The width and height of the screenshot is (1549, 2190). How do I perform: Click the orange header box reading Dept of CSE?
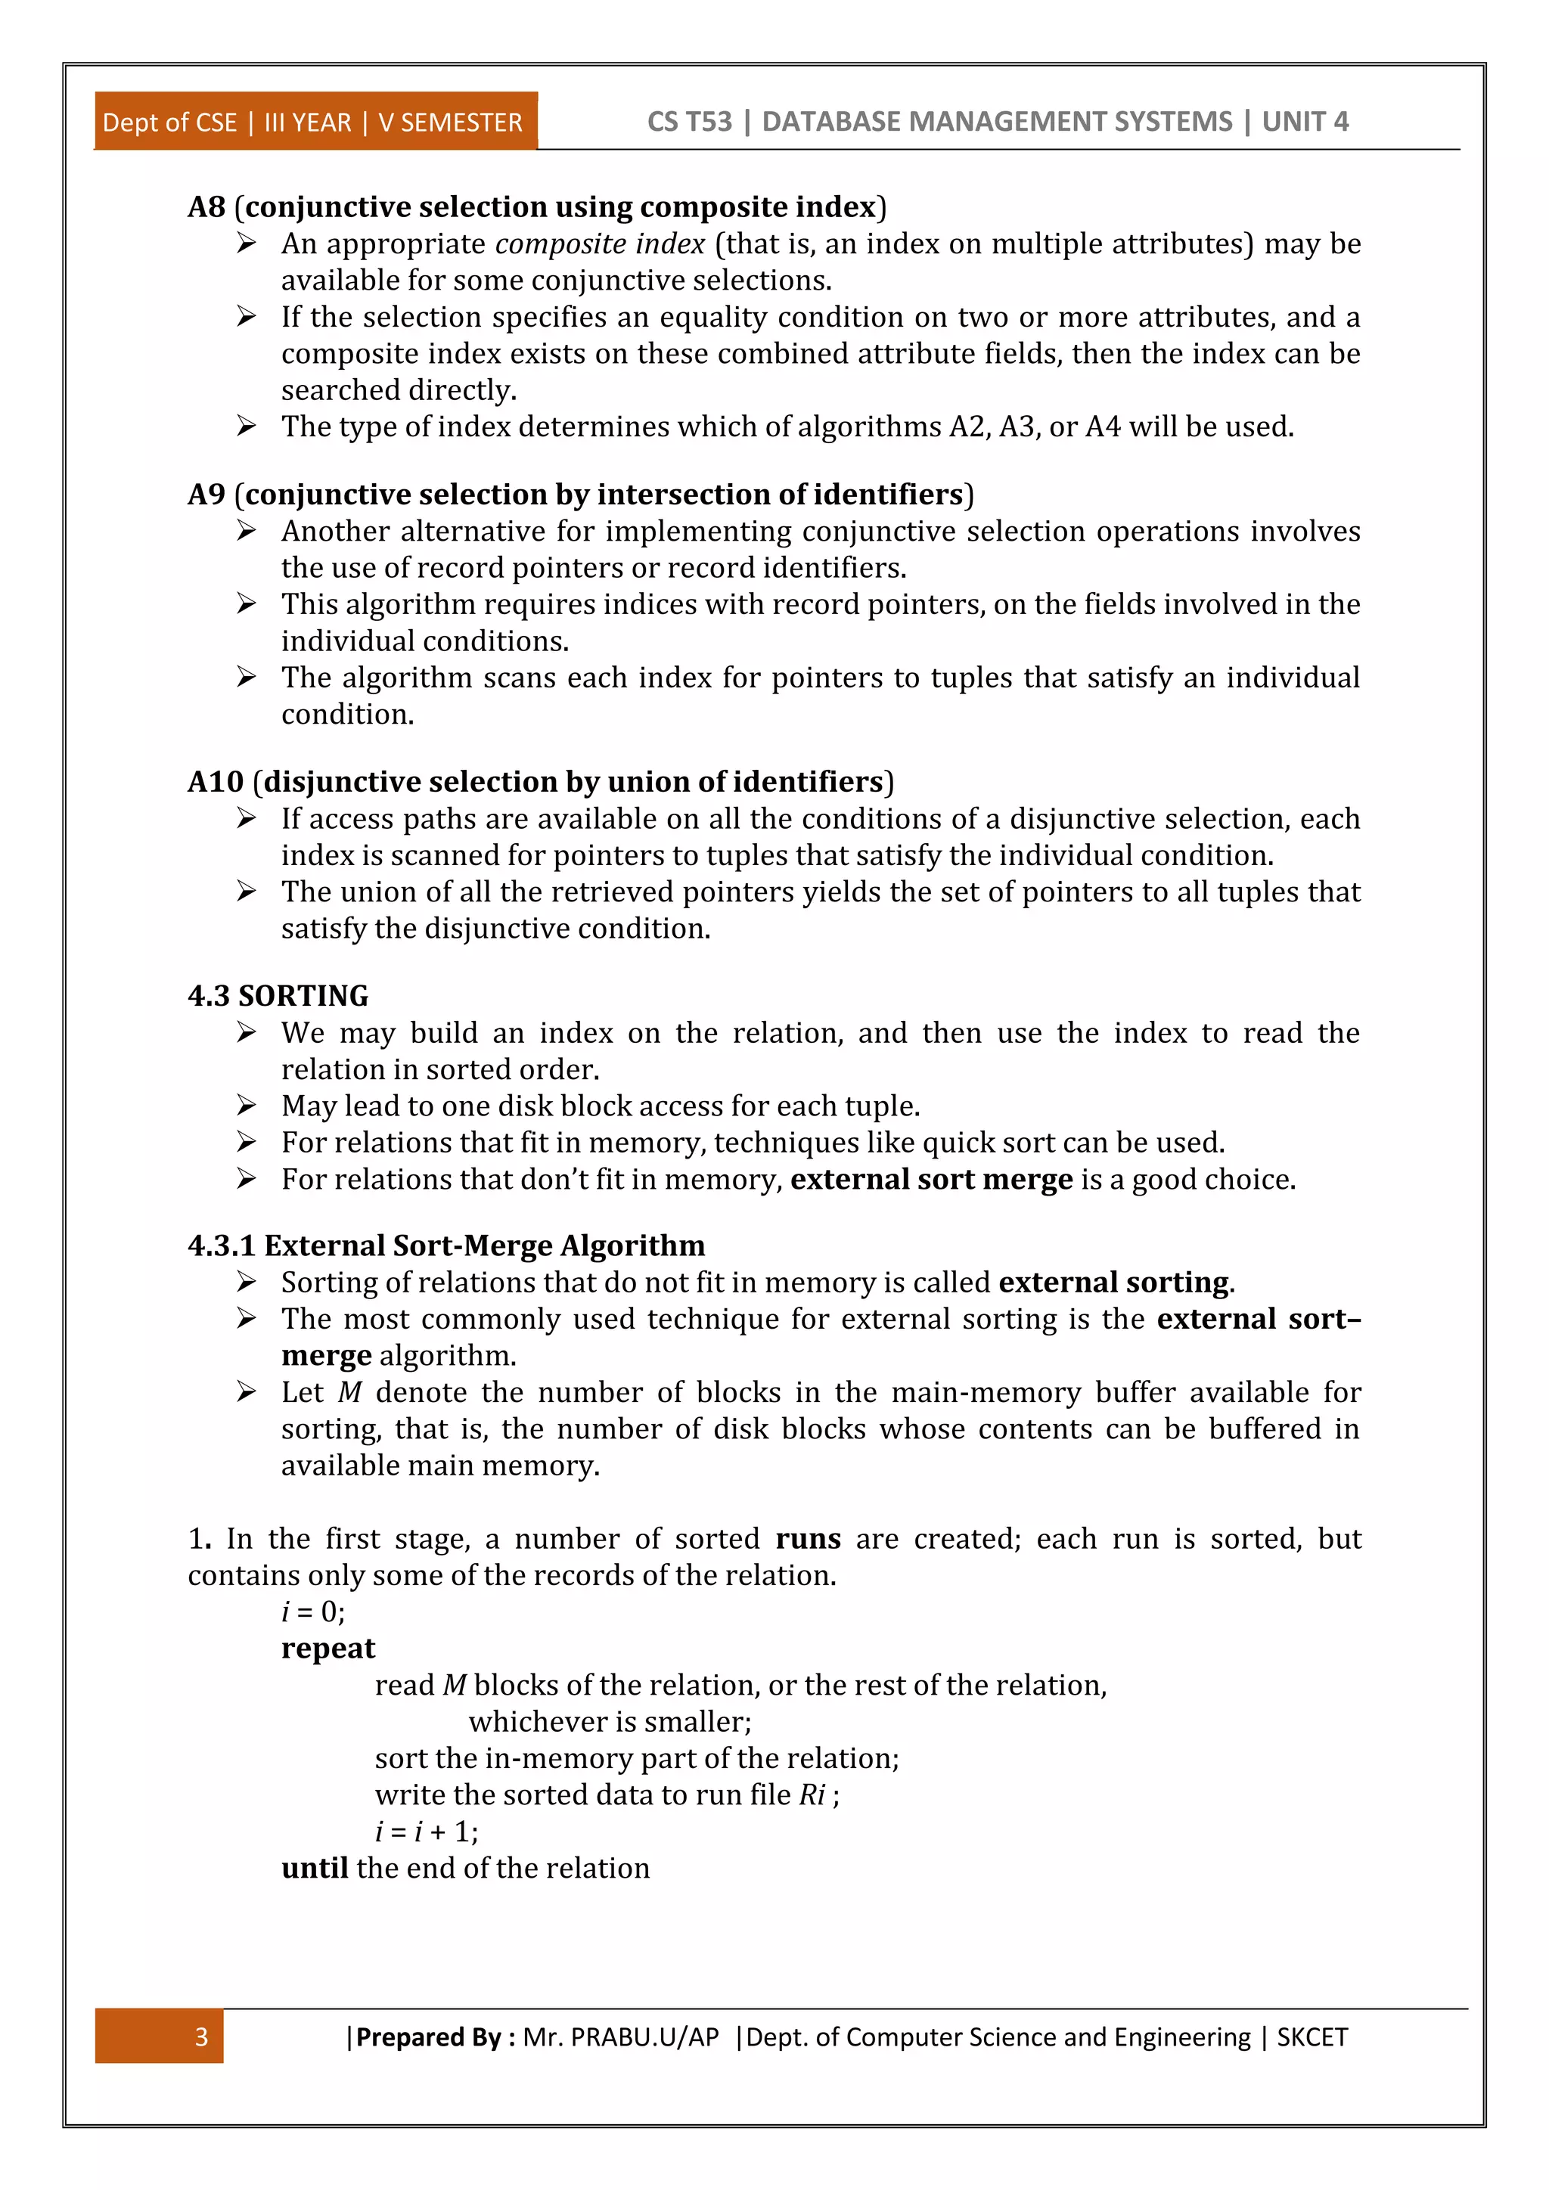(315, 122)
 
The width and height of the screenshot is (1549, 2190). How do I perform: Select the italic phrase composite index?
(599, 244)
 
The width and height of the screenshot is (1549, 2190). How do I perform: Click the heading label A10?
(216, 782)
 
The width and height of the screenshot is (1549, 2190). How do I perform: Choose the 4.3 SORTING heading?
(278, 996)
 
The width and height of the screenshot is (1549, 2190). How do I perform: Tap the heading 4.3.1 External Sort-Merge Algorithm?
(445, 1245)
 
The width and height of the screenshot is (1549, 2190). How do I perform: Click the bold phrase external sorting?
(1113, 1283)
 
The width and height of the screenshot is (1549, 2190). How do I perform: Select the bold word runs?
(807, 1539)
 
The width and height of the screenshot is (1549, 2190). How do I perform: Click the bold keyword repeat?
(328, 1649)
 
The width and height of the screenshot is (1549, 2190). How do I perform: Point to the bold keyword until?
(314, 1868)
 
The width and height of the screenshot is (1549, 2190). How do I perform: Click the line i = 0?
(313, 1612)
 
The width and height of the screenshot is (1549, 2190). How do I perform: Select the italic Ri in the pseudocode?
(812, 1795)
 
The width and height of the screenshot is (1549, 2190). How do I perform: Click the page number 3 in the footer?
(201, 2037)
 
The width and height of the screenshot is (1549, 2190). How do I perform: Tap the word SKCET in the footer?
(1312, 2037)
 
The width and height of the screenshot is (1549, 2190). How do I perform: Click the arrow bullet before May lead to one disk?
(246, 1106)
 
